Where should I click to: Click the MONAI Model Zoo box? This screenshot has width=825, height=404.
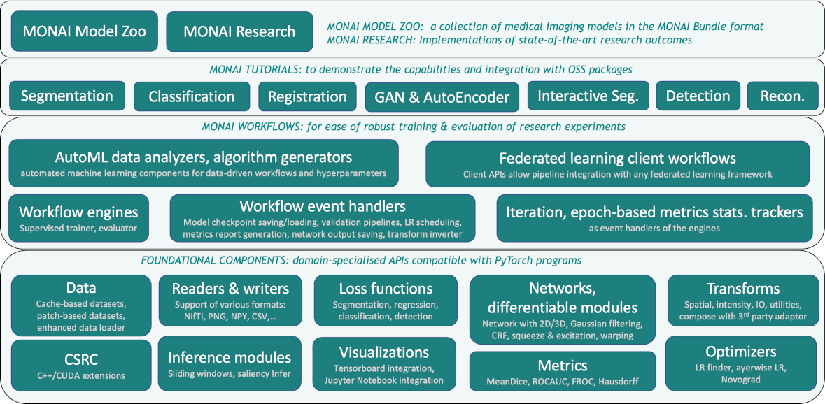point(84,31)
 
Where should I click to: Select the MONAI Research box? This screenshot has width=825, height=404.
point(239,31)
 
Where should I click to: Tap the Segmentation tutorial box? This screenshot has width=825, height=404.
point(67,96)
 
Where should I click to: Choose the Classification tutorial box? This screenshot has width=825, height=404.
point(191,96)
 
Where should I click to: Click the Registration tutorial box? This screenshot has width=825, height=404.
point(307,96)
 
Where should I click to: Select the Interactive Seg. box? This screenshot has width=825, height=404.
point(588,96)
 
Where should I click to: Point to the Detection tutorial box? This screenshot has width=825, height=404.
point(698,96)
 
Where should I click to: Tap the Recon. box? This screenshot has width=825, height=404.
point(782,96)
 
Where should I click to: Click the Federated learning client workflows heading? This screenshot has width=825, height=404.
point(617,158)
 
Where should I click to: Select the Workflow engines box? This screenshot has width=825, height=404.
point(78,217)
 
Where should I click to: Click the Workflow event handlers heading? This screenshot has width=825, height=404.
point(323,206)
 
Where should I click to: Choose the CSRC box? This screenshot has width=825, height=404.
point(81,365)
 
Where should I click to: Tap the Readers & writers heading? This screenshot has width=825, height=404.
point(230,288)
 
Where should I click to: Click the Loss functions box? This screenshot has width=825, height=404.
point(386,301)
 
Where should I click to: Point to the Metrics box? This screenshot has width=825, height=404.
point(563,371)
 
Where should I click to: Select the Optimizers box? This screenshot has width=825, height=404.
point(741,363)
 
